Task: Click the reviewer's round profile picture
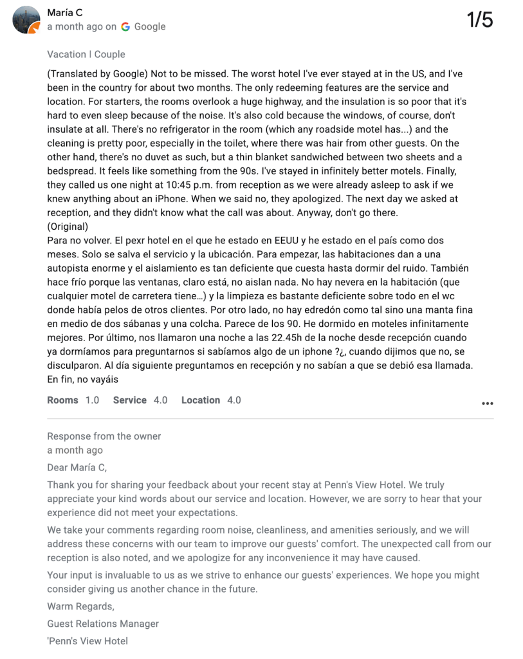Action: (x=26, y=20)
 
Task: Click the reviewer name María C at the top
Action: (x=64, y=12)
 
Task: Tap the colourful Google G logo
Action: (x=125, y=26)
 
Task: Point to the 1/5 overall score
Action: (x=479, y=20)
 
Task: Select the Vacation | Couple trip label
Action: (x=86, y=54)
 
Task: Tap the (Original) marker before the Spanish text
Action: (x=68, y=227)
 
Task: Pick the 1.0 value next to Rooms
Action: (x=93, y=400)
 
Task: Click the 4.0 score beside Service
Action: (x=160, y=400)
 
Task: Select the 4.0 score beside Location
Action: (x=234, y=400)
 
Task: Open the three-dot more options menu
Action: (x=488, y=404)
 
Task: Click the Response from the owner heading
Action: (x=104, y=436)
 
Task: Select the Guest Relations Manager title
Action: (x=103, y=624)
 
